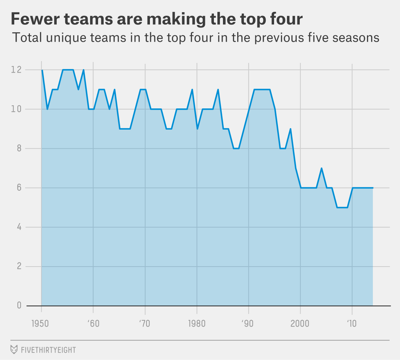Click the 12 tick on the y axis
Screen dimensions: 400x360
click(x=16, y=69)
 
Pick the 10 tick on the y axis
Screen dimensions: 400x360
click(x=16, y=109)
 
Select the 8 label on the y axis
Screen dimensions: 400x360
click(x=19, y=148)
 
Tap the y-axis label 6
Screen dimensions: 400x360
click(x=19, y=188)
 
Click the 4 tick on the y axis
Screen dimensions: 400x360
click(x=19, y=227)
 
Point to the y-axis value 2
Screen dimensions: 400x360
click(x=19, y=267)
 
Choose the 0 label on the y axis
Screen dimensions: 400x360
click(x=19, y=305)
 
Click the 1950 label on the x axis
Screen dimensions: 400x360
click(x=40, y=324)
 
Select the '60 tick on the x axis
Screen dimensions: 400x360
click(x=93, y=324)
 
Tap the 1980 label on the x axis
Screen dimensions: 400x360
click(x=197, y=324)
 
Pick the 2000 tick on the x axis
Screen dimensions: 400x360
click(x=300, y=324)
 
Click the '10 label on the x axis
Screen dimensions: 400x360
click(x=352, y=324)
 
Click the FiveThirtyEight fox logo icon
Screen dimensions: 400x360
click(x=14, y=350)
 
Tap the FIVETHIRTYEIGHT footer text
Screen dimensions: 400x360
click(x=48, y=350)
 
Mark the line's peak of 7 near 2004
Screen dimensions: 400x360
click(x=321, y=168)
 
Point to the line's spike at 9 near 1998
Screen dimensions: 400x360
click(x=290, y=129)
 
